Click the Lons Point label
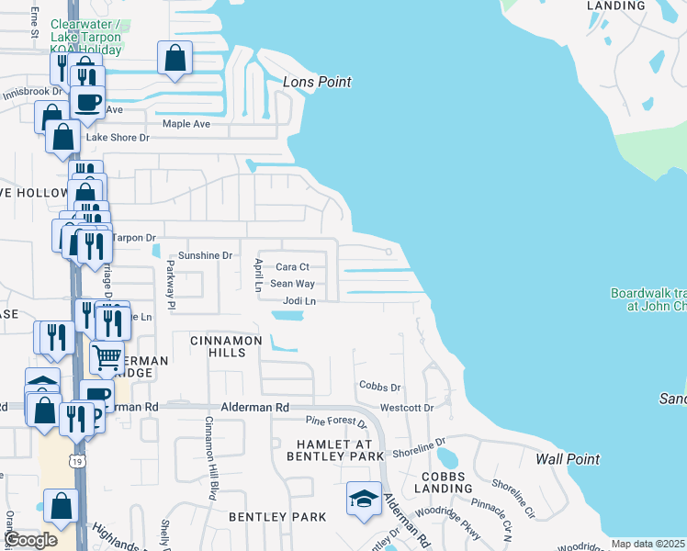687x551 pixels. tap(317, 83)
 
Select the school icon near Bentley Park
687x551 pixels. tap(364, 499)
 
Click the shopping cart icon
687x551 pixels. tap(107, 356)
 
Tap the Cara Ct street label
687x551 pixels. tap(292, 267)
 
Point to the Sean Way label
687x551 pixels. tap(292, 285)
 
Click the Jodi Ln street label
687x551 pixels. tap(299, 301)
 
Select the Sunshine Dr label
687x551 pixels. tap(205, 255)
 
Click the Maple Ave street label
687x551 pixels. tap(186, 124)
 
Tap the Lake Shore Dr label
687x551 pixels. tap(117, 138)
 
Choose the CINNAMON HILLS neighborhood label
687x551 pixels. tap(226, 341)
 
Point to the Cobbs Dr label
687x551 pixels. tap(380, 388)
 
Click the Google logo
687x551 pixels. tap(30, 541)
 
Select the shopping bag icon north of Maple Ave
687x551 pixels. tap(175, 59)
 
